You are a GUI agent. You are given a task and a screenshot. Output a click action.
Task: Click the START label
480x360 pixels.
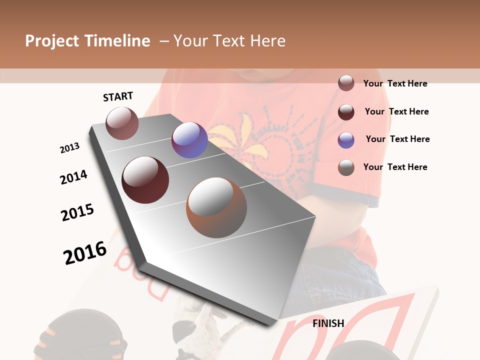[118, 96]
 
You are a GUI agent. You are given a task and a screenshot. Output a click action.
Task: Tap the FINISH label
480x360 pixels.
[328, 323]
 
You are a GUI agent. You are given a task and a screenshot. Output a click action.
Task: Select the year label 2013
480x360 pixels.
[69, 148]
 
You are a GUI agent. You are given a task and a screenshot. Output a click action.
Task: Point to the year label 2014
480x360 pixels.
[73, 177]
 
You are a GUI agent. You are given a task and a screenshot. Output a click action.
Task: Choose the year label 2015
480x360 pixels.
[77, 212]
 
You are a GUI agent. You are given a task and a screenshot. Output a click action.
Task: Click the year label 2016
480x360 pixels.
[85, 252]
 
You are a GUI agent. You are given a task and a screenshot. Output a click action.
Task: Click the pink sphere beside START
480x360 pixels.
[122, 123]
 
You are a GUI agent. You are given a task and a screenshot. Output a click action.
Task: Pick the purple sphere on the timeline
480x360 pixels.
[189, 140]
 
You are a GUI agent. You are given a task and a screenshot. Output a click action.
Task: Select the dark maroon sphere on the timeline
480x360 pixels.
[145, 180]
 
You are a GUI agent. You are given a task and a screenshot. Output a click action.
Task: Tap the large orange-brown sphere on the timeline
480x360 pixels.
[216, 207]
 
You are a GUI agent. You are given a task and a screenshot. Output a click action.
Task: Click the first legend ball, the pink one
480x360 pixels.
[346, 83]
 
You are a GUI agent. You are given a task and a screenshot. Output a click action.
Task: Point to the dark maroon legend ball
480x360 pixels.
[346, 111]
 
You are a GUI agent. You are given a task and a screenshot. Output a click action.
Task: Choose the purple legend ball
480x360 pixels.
[346, 139]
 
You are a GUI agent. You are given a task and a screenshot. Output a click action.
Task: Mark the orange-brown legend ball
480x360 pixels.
[346, 167]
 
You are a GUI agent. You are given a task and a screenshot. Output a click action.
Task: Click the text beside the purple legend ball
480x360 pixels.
[397, 139]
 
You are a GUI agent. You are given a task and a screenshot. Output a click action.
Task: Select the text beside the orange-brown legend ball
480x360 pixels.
[395, 167]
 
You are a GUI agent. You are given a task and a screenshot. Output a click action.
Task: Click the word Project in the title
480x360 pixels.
[52, 41]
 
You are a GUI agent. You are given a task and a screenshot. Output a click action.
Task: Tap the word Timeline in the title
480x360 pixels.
[117, 41]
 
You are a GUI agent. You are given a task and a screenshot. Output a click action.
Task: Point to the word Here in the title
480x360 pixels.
[268, 41]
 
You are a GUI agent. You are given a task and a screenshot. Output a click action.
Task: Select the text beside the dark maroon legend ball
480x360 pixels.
[396, 111]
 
